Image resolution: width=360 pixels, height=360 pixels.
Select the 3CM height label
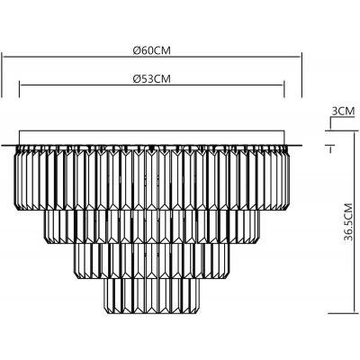point(343,112)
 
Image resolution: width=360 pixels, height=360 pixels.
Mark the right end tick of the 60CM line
point(301,61)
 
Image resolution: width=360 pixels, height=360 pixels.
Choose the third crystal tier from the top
point(153,261)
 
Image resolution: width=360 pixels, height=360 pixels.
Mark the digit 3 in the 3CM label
point(335,112)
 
